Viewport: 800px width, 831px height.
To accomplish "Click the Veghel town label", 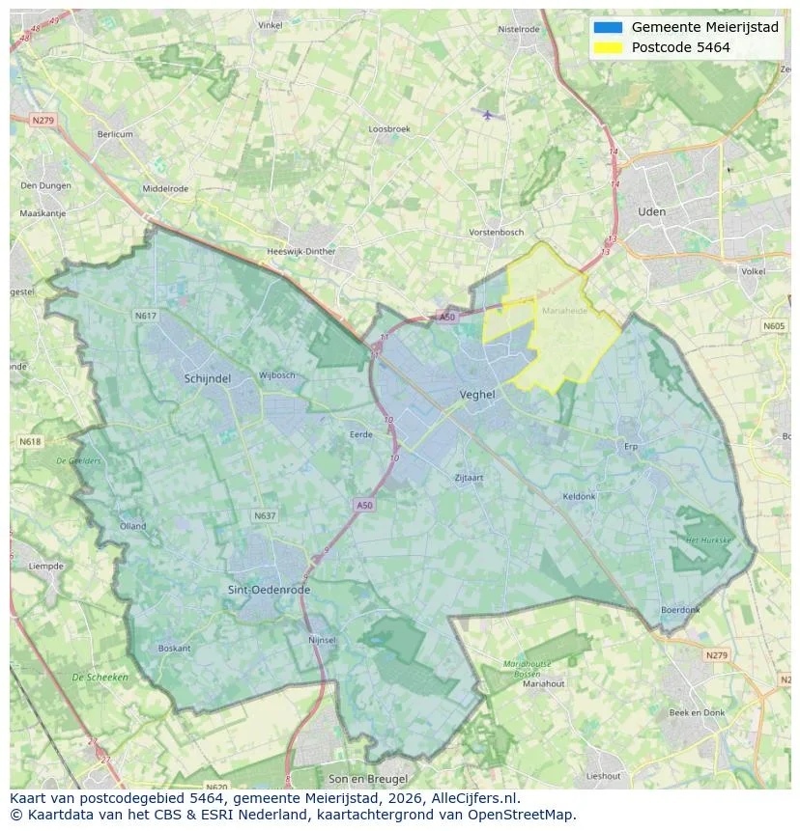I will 477,395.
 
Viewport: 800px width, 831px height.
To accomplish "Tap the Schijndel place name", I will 208,379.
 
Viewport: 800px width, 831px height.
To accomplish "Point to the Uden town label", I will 652,211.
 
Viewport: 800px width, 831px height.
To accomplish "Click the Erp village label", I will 632,447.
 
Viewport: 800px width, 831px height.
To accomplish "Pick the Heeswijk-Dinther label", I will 300,251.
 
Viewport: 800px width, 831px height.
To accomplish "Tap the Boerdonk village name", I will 680,610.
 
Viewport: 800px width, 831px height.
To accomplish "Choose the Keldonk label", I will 579,497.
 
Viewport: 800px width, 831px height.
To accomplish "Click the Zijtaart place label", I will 469,478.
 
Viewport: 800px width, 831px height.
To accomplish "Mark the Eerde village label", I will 360,435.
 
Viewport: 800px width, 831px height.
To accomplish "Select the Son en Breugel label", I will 368,779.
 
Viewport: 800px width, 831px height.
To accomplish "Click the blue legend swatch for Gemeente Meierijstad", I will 609,27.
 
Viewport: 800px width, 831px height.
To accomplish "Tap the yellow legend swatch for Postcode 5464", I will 609,47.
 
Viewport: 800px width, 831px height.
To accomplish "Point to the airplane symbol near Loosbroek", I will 488,115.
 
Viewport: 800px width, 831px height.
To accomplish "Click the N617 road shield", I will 145,316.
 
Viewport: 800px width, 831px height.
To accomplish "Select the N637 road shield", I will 265,516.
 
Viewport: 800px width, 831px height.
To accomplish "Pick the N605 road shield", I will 774,327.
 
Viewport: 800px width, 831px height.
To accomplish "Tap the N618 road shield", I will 30,442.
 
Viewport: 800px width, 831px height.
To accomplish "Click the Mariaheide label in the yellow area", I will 565,312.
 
